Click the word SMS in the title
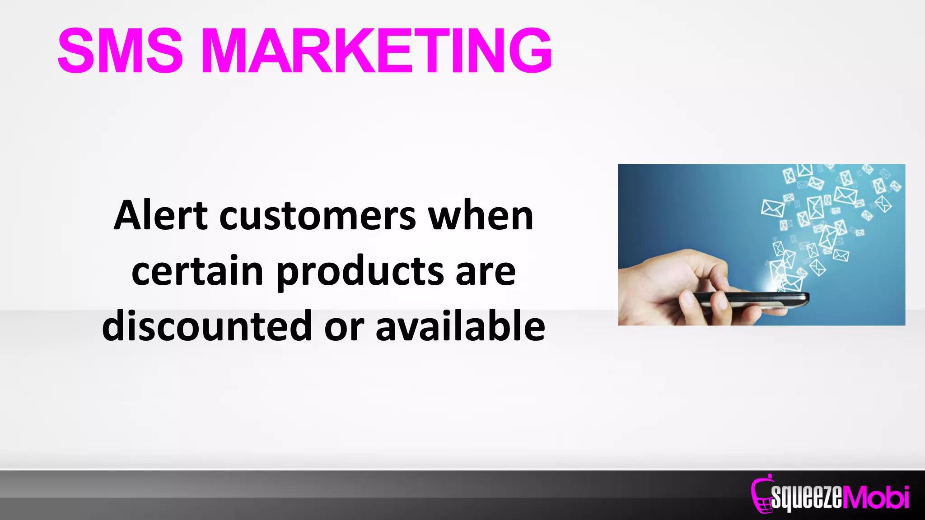point(120,51)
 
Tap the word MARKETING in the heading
point(376,51)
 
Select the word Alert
point(161,216)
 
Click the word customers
point(318,216)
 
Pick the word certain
point(197,271)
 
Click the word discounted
point(207,325)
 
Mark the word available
point(460,325)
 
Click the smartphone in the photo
point(750,299)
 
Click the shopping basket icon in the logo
point(761,497)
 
